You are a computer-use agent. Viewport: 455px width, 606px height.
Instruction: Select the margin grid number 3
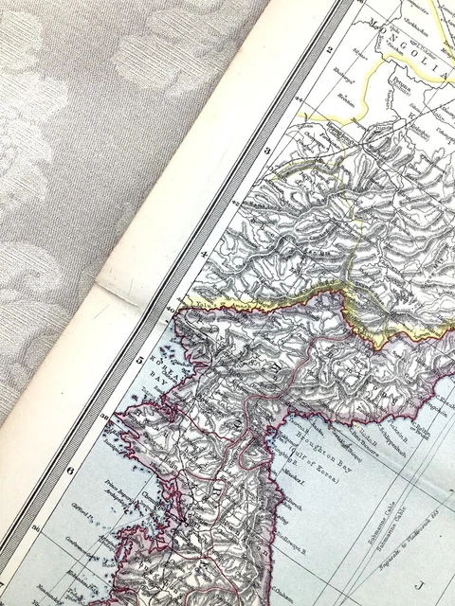tap(268, 151)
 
